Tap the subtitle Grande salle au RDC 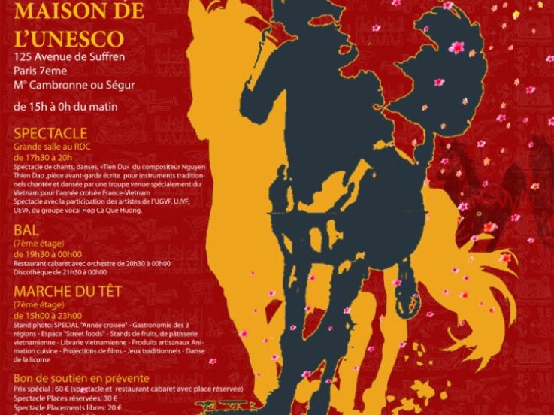point(49,148)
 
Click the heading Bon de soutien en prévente point(81,378)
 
